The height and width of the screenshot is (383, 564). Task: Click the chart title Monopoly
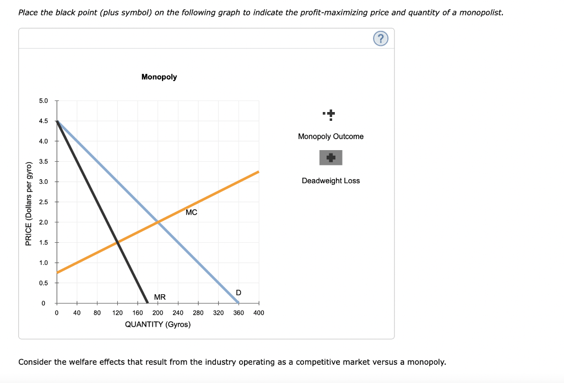click(159, 77)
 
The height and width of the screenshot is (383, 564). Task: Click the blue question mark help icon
click(381, 38)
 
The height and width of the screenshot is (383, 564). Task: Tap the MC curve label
click(191, 212)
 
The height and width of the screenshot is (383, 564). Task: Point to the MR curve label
click(160, 297)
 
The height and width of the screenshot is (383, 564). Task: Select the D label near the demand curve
click(238, 292)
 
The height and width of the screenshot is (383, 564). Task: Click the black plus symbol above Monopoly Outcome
click(330, 115)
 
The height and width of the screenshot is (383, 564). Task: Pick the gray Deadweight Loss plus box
click(330, 158)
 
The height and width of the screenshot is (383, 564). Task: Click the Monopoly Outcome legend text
click(330, 136)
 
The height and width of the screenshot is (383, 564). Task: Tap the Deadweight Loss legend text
click(330, 180)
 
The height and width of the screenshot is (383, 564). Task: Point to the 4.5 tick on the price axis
click(44, 121)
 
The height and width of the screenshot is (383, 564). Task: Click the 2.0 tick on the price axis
click(44, 222)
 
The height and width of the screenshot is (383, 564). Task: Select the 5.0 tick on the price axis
click(44, 101)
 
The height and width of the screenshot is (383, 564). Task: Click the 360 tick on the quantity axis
click(238, 312)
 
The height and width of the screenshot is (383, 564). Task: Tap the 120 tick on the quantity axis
click(117, 312)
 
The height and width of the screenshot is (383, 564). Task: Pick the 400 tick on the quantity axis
click(259, 312)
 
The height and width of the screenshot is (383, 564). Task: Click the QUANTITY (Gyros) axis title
click(158, 324)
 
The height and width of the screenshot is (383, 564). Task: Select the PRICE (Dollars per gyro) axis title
click(29, 202)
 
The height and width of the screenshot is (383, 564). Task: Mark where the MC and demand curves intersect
click(158, 222)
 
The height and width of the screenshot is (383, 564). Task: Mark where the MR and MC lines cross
click(117, 242)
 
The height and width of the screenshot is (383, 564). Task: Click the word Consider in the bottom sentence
click(35, 362)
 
